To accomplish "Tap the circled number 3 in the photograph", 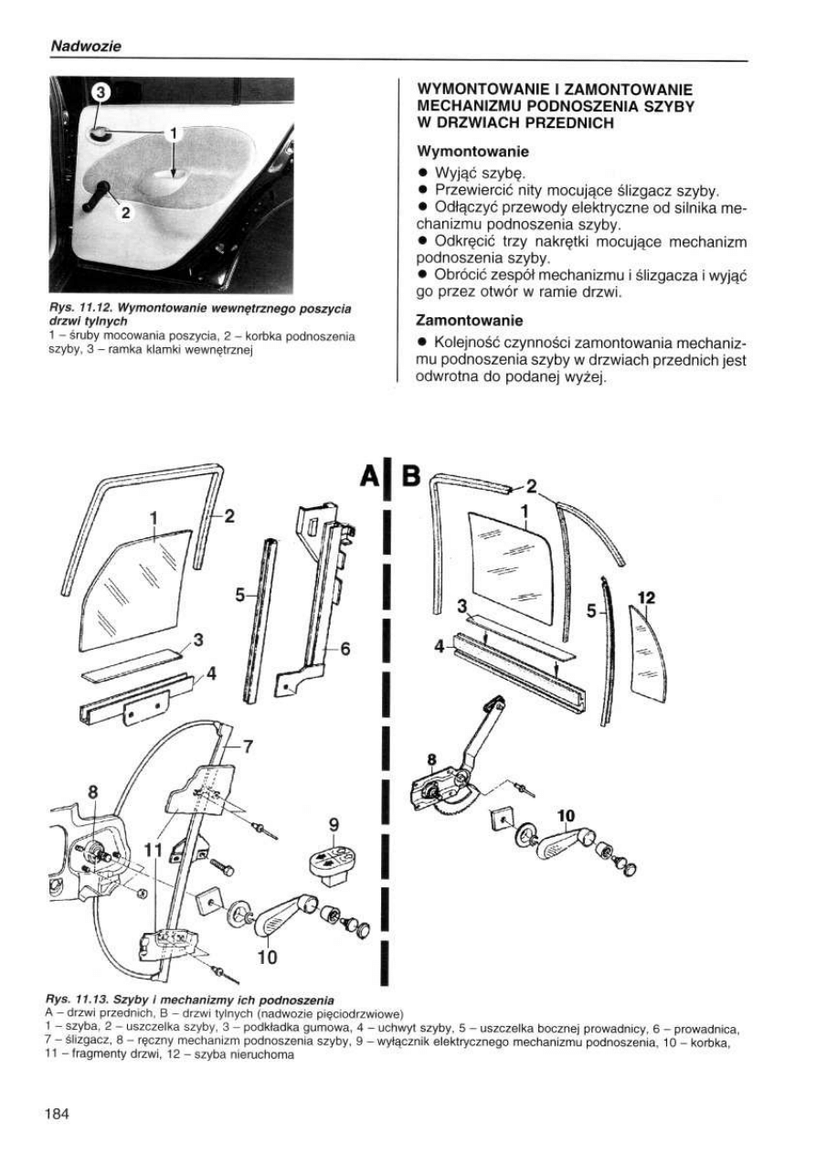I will tap(101, 92).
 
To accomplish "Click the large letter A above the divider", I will tap(371, 475).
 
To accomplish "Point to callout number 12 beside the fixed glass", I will tap(646, 598).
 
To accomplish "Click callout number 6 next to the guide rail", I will tap(346, 649).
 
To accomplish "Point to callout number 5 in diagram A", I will tap(240, 595).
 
